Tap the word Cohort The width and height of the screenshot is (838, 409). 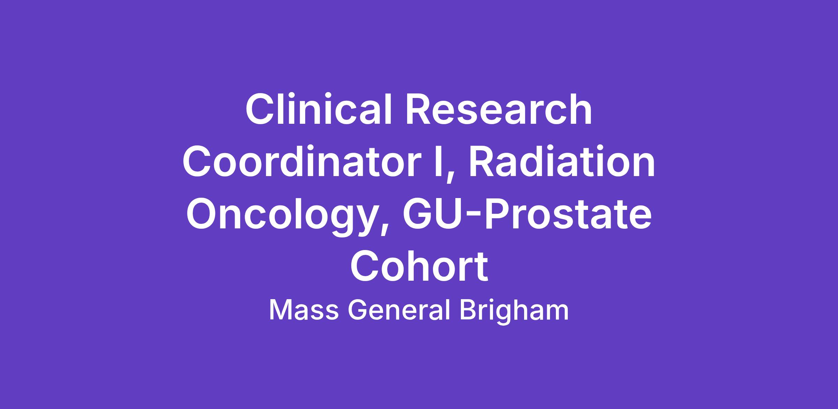[419, 266]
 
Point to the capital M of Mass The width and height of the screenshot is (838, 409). [280, 310]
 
